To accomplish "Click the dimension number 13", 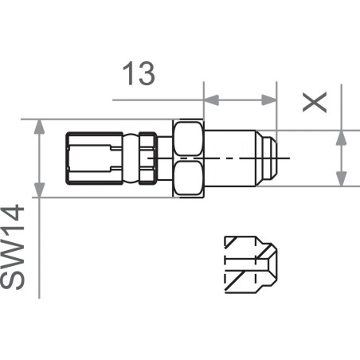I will pyautogui.click(x=137, y=74).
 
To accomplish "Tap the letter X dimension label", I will pyautogui.click(x=316, y=100).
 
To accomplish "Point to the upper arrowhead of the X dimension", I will pyautogui.click(x=341, y=138).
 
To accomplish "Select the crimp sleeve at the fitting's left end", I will pyautogui.click(x=91, y=157).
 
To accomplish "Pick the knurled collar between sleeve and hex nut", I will pyautogui.click(x=146, y=157).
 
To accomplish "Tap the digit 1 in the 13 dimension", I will pyautogui.click(x=128, y=74).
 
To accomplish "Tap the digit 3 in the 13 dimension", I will pyautogui.click(x=146, y=74).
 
